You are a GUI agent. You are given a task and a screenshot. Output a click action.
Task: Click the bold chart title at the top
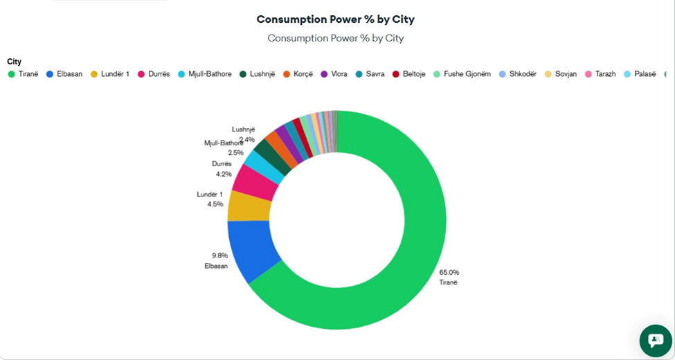(x=336, y=19)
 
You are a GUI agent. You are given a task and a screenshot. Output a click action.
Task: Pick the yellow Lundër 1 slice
(x=248, y=206)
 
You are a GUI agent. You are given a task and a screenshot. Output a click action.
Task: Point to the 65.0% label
(x=449, y=272)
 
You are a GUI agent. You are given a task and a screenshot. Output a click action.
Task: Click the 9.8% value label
(x=220, y=255)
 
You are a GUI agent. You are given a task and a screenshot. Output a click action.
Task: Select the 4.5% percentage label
(x=215, y=204)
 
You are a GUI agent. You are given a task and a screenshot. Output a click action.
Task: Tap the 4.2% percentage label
(x=224, y=174)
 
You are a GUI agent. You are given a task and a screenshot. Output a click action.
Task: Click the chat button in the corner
(x=655, y=340)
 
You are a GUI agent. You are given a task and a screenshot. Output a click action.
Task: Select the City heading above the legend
(x=14, y=62)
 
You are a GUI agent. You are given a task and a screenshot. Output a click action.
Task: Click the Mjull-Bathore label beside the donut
(x=223, y=143)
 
